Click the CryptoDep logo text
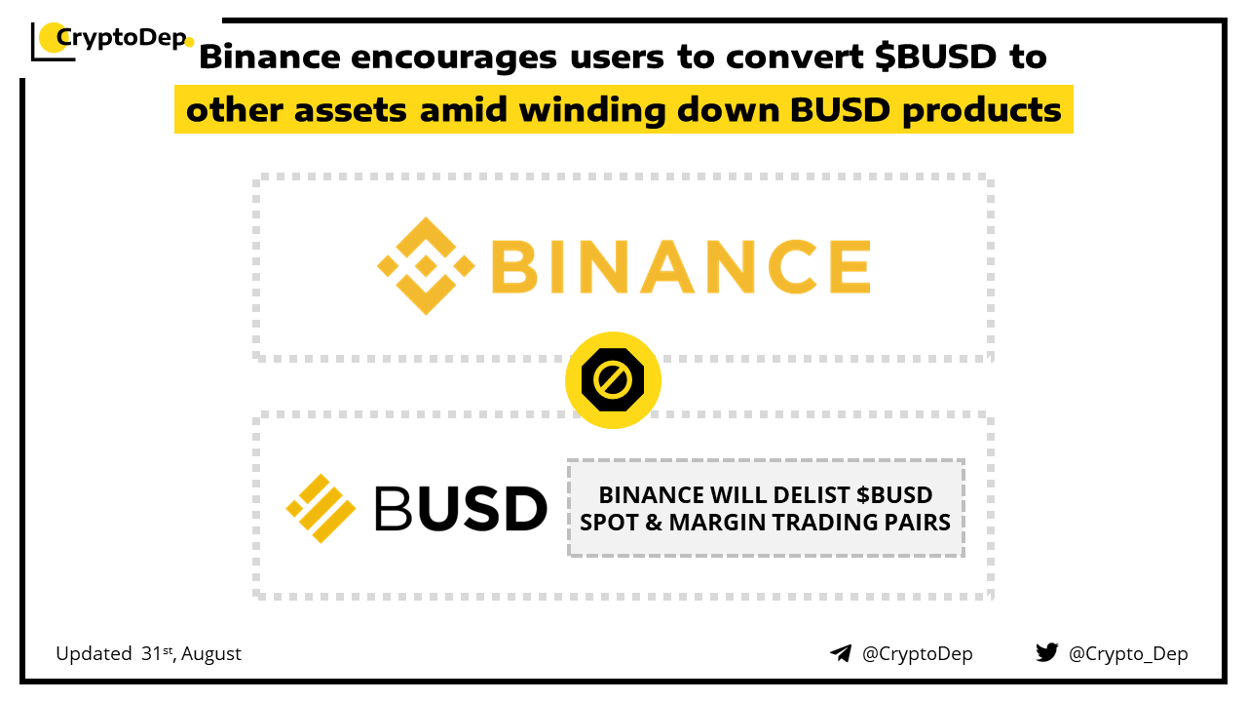point(122,38)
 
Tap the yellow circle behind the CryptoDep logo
point(54,38)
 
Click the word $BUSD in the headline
point(935,57)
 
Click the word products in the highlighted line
point(981,111)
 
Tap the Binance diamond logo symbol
point(426,266)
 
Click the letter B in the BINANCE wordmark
point(513,266)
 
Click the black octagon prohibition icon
point(613,380)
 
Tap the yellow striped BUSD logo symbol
point(321,508)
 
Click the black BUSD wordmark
point(461,508)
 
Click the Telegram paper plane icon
point(841,653)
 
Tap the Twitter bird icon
point(1047,652)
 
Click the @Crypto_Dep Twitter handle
point(1128,654)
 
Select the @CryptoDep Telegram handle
point(917,654)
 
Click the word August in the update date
point(211,654)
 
